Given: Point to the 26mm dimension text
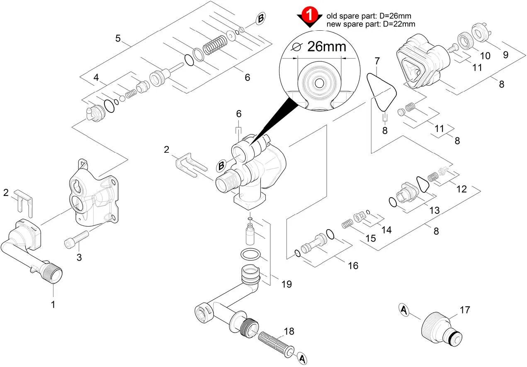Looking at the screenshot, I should click(326, 46).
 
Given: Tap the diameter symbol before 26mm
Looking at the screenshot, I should click(297, 47).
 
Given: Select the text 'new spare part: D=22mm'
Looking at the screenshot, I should click(371, 24).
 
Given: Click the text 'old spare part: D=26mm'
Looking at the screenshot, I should click(369, 16).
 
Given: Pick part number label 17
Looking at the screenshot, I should click(465, 310).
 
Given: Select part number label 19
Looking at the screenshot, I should click(286, 284).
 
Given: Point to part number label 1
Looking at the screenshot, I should click(53, 304).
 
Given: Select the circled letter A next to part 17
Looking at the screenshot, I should click(405, 309).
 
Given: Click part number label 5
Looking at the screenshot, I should click(118, 39).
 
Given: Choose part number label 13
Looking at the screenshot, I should click(434, 210).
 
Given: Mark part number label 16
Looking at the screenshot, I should click(353, 265).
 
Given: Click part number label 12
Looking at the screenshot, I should click(461, 189).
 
